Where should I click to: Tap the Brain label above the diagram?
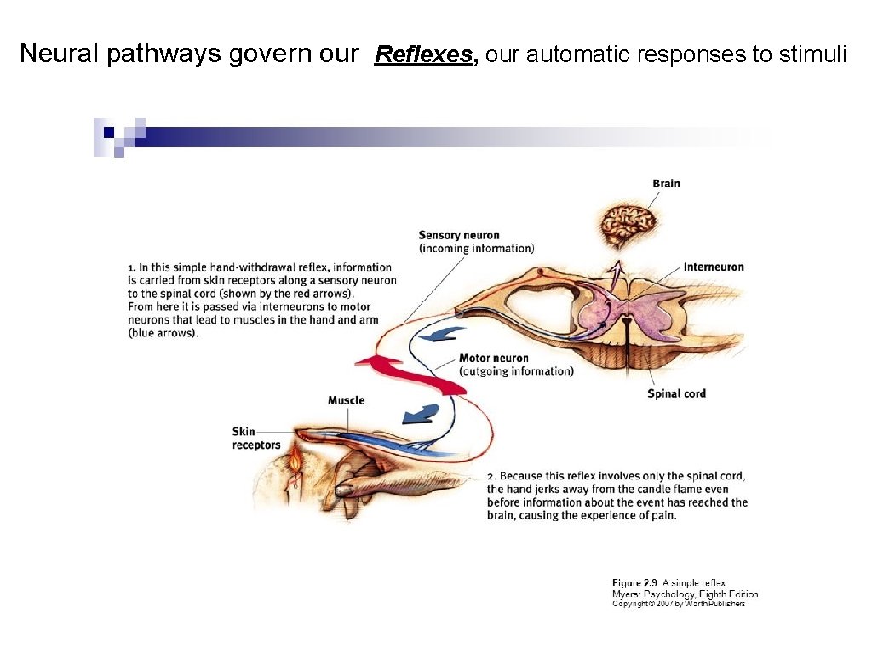(x=666, y=183)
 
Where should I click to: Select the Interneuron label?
(x=713, y=267)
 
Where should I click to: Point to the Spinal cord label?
(x=676, y=393)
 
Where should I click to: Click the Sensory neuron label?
(x=459, y=235)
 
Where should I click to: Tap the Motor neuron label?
(x=493, y=358)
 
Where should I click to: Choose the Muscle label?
(x=346, y=400)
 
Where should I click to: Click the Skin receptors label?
(x=255, y=438)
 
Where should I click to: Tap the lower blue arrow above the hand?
(x=420, y=415)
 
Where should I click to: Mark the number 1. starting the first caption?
(x=132, y=267)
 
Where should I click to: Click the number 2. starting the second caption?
(x=491, y=476)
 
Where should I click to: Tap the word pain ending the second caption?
(x=662, y=515)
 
